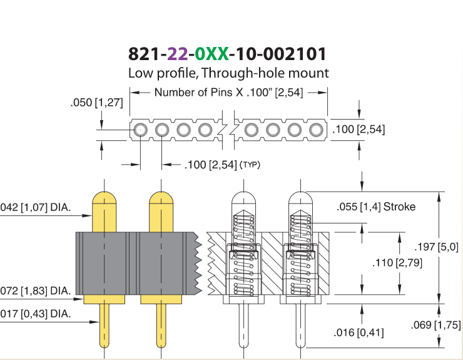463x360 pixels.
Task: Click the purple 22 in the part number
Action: (178, 54)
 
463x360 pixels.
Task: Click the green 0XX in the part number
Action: (211, 54)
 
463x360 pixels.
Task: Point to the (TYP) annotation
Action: (250, 165)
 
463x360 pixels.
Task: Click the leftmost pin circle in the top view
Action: (140, 130)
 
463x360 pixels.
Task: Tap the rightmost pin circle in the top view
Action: (316, 130)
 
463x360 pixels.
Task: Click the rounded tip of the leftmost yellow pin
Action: (104, 197)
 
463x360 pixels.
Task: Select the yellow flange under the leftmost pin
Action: (104, 299)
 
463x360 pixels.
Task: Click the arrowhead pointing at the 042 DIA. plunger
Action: (88, 215)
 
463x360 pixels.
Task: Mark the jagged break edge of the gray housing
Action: (197, 263)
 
